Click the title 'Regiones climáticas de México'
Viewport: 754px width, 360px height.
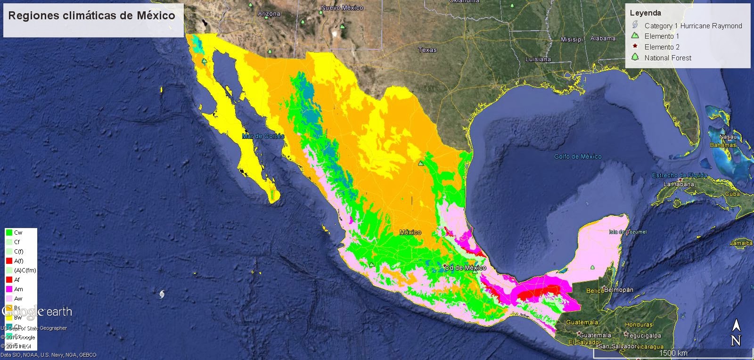coord(92,16)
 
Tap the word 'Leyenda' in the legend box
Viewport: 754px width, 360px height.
coord(645,13)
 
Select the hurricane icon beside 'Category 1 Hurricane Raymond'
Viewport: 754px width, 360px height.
coord(635,25)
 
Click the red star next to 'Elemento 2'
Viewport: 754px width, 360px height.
coord(635,47)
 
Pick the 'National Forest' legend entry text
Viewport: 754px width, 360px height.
coord(668,58)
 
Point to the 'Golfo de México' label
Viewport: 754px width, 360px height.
coord(578,156)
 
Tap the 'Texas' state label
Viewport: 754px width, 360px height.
coord(427,50)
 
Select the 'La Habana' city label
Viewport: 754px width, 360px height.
coord(679,184)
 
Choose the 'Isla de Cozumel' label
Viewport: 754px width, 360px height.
coord(628,232)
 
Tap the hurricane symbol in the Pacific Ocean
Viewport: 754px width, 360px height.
coord(163,295)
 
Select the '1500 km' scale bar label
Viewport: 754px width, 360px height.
coord(673,353)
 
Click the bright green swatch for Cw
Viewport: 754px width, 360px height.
coord(8,233)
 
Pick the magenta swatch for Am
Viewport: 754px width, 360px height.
coord(8,289)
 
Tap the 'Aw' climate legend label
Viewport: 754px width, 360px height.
coord(18,299)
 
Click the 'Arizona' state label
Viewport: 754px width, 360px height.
coord(269,14)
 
